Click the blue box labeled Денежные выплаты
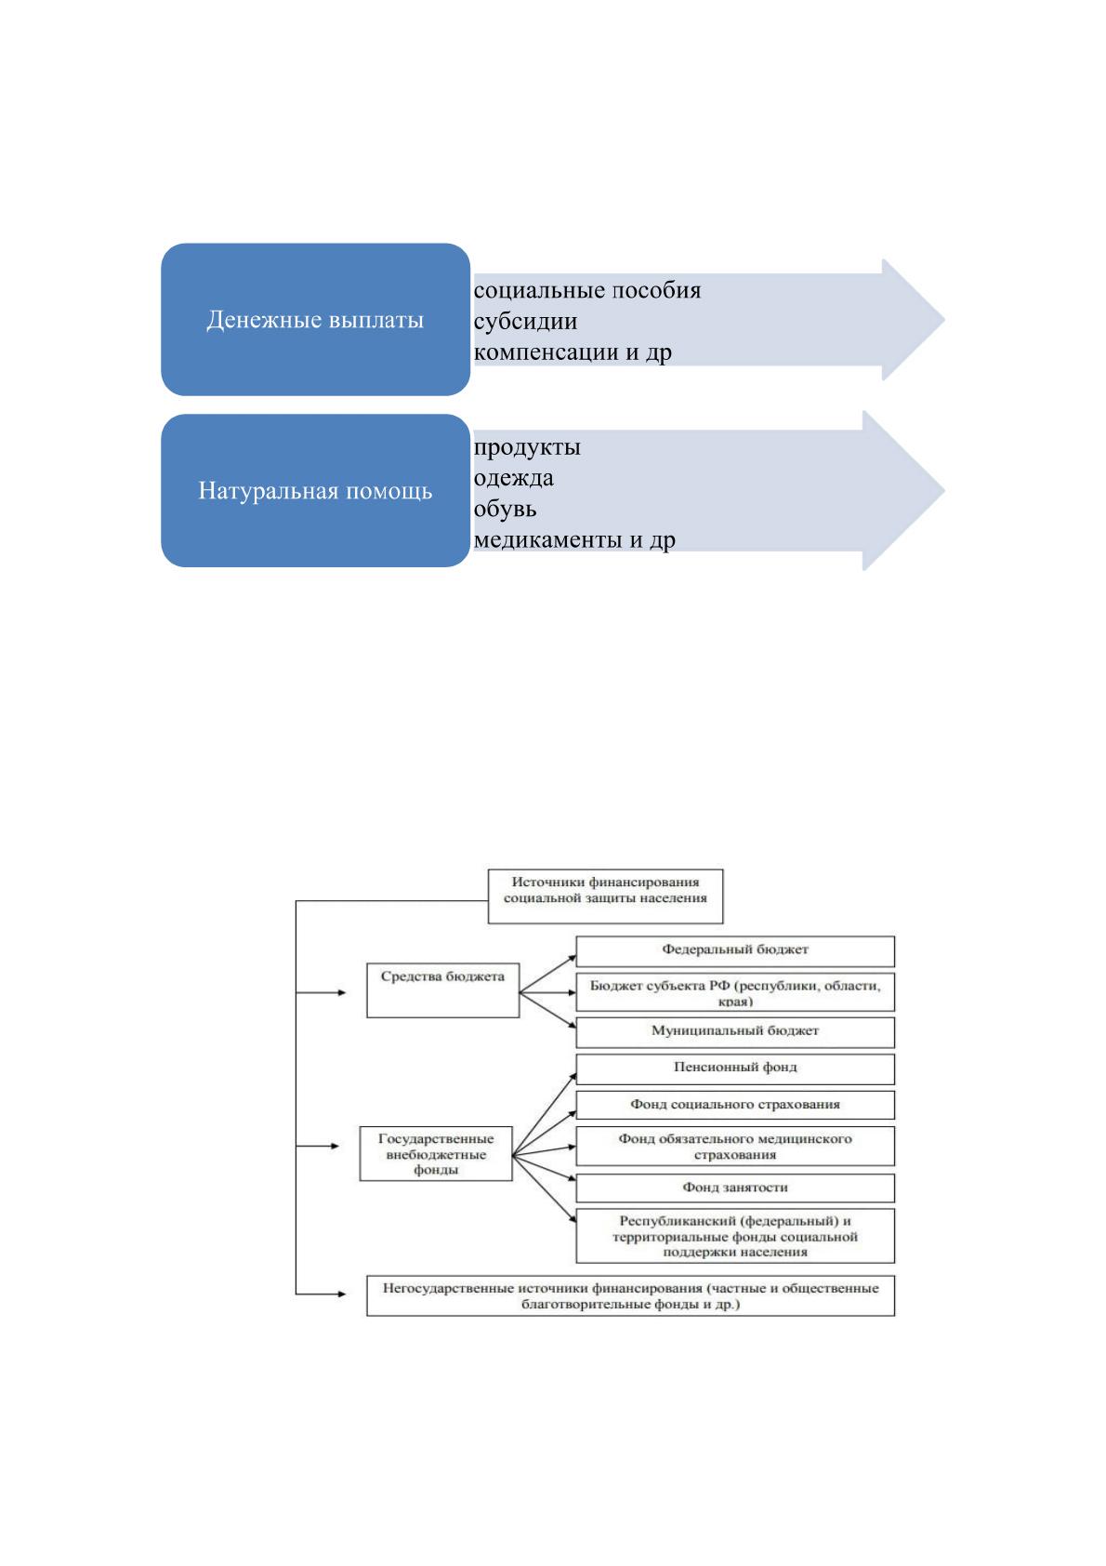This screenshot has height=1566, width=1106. click(x=315, y=320)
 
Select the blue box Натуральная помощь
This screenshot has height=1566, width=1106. click(x=315, y=491)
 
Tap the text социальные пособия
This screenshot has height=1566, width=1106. click(x=586, y=290)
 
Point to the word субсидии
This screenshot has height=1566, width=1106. click(x=525, y=321)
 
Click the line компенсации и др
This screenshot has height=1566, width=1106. click(x=573, y=352)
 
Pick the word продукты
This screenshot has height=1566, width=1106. click(x=527, y=446)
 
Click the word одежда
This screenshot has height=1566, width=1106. click(x=514, y=477)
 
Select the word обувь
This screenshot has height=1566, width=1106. click(x=506, y=509)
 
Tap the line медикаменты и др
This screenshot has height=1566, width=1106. click(x=574, y=539)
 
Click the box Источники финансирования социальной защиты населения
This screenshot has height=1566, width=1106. click(x=605, y=896)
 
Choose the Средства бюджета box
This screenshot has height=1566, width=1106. click(x=443, y=990)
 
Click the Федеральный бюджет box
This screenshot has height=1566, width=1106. click(x=735, y=951)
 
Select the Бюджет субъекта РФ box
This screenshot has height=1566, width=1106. click(x=735, y=991)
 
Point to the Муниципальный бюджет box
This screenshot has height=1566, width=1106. click(x=735, y=1032)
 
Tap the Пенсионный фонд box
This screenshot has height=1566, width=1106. click(x=735, y=1068)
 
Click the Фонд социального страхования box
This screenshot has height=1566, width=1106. click(x=735, y=1106)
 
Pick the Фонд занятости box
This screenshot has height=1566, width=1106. click(x=735, y=1188)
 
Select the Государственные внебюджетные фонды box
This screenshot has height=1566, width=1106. click(x=436, y=1153)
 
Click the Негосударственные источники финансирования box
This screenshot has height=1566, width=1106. click(x=630, y=1295)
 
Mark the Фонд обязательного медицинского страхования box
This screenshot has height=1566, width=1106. click(x=735, y=1146)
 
